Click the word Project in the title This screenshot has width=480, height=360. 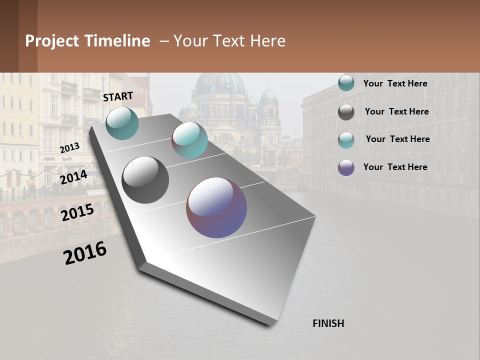53,41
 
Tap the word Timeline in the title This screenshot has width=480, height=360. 117,41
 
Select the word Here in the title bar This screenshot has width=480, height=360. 267,41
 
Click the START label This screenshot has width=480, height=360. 118,96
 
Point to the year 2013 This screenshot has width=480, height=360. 69,148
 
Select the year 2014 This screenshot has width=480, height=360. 73,177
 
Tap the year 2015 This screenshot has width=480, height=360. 77,212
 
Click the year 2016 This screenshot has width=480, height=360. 85,252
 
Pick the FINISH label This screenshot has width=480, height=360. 328,323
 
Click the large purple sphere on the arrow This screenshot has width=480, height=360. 216,207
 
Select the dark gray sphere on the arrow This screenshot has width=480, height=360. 145,180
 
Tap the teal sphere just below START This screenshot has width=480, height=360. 122,123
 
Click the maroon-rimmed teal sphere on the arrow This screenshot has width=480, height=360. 189,140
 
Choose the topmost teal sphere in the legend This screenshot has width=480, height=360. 346,83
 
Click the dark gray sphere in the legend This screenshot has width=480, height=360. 346,112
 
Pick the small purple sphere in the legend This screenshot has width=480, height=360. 346,167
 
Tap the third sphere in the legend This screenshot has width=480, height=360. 346,140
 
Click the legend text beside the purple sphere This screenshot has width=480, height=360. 395,167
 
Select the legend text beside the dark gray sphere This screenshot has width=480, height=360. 396,111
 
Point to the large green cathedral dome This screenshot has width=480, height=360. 220,85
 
